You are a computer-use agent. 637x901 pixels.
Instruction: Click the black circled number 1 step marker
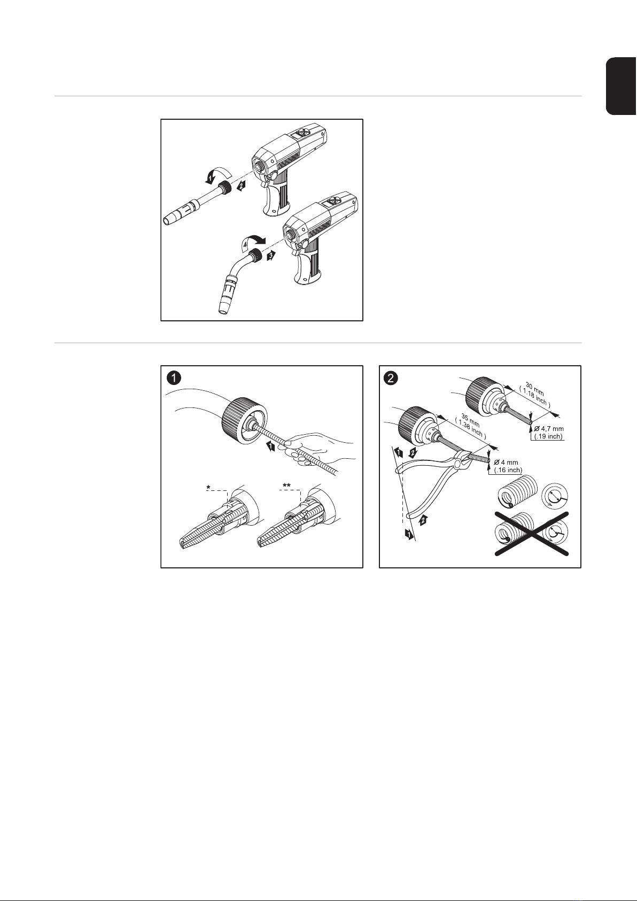[174, 378]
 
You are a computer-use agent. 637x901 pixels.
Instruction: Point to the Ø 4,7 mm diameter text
[549, 429]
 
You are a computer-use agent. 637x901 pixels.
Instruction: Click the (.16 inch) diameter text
[508, 470]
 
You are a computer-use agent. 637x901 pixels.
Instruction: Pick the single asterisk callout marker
[208, 488]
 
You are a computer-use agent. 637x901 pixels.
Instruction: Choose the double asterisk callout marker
[286, 486]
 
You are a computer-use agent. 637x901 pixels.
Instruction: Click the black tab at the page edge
[622, 86]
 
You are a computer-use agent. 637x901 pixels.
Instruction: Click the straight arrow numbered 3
[272, 256]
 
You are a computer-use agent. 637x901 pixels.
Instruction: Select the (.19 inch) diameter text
[549, 436]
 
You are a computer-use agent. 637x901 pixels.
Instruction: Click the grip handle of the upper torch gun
[276, 198]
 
